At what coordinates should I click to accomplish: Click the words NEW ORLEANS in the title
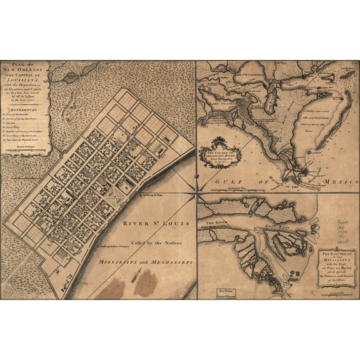pyautogui.click(x=28, y=71)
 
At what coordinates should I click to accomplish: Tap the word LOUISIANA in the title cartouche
pyautogui.click(x=28, y=81)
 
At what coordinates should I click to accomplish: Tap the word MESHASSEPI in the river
pyautogui.click(x=170, y=262)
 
